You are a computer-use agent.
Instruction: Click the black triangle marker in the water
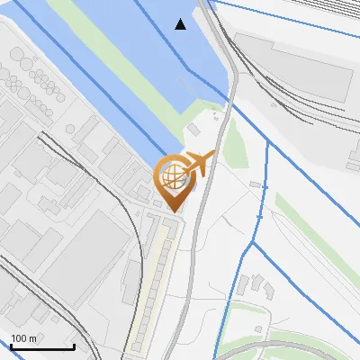[x=181, y=23]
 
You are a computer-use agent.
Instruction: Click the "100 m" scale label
[x=24, y=337]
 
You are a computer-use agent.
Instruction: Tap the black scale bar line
[x=42, y=347]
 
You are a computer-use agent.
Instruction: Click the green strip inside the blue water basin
[x=117, y=54]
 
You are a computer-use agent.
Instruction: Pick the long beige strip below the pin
[x=153, y=279]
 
